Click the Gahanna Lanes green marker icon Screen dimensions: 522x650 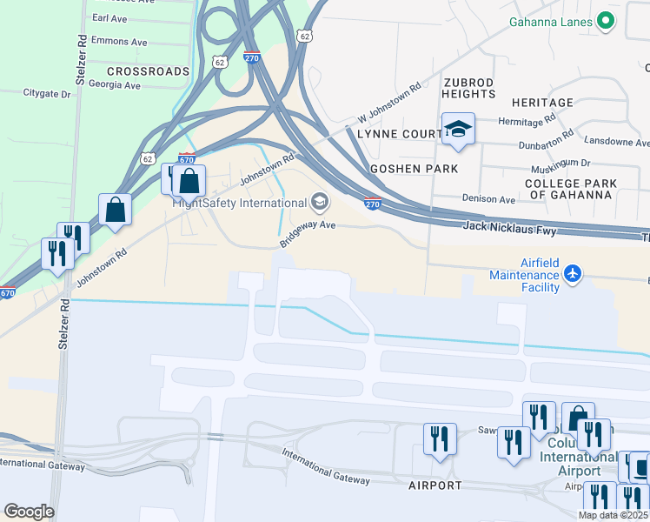point(606,22)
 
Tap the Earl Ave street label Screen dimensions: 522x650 point(110,17)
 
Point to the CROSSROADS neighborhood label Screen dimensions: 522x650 point(148,70)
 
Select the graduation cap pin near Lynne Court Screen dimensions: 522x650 point(458,130)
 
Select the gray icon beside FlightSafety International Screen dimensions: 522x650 point(320,203)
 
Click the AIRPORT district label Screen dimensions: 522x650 point(435,485)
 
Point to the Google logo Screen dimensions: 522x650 point(29,512)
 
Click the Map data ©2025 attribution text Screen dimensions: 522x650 point(613,515)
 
